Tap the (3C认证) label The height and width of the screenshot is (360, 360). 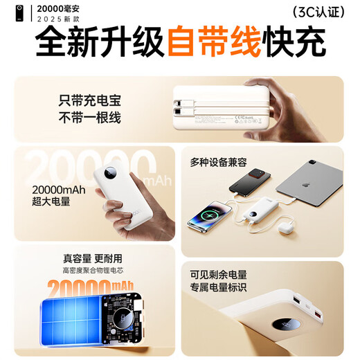tap(317, 12)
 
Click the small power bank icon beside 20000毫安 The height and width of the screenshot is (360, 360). tap(9, 12)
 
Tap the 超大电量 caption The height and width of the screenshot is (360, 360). tap(52, 201)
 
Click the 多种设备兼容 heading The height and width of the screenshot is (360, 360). tap(218, 163)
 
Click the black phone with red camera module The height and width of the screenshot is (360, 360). tap(247, 184)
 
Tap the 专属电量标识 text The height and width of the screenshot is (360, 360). tap(218, 288)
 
